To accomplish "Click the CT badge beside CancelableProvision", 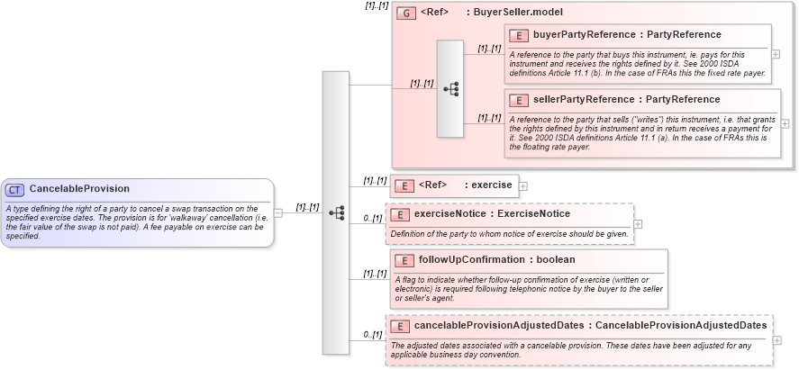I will pos(15,190).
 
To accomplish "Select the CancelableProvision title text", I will pos(79,189).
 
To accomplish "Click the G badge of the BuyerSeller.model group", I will pos(407,14).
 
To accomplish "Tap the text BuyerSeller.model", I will pos(522,14).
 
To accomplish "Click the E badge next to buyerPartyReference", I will pos(519,35).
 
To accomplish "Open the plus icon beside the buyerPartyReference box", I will pos(776,54).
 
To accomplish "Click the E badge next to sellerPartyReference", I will pos(519,100).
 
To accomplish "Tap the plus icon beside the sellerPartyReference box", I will pos(784,123).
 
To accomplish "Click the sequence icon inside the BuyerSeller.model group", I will pos(450,88).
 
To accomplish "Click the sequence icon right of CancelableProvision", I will pos(336,213).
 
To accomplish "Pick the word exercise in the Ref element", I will pos(492,185).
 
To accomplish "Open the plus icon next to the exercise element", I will pos(523,185).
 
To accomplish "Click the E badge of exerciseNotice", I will pos(401,214).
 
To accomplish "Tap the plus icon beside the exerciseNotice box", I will pos(638,224).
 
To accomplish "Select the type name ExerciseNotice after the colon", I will pos(536,214).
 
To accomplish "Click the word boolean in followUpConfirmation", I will pos(550,260).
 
